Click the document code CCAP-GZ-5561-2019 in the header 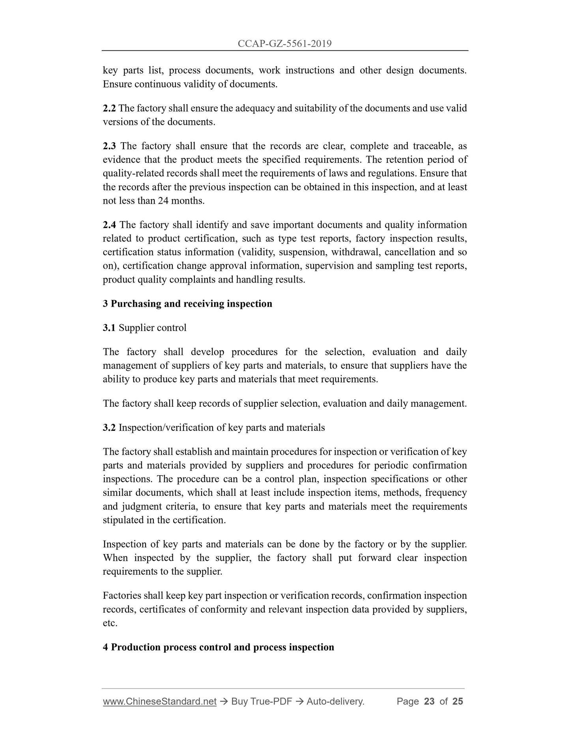284,44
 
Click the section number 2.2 109,108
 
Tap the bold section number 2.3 109,146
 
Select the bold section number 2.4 109,225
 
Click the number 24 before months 163,201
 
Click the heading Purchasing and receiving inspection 191,303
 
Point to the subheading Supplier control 152,328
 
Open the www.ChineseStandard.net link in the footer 159,701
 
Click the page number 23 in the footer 429,701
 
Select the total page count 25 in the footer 458,701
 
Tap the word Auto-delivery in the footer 335,701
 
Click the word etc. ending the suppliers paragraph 110,623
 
